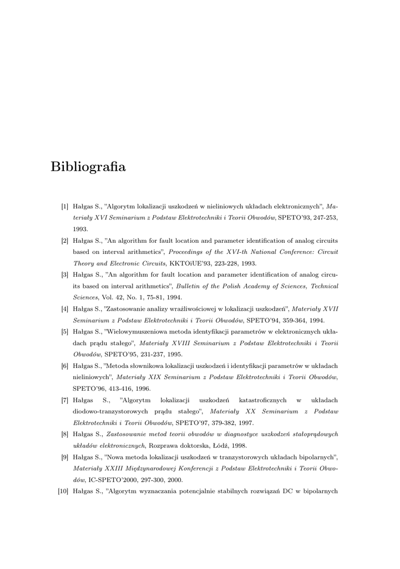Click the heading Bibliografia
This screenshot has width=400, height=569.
click(x=88, y=167)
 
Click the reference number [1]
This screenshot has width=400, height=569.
click(x=65, y=207)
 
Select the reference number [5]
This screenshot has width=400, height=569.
click(x=65, y=332)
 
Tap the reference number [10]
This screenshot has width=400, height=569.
click(x=63, y=491)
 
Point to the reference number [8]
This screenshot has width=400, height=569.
click(x=65, y=434)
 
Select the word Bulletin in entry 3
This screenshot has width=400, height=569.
click(x=190, y=286)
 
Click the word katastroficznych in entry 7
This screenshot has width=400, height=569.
click(x=262, y=400)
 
